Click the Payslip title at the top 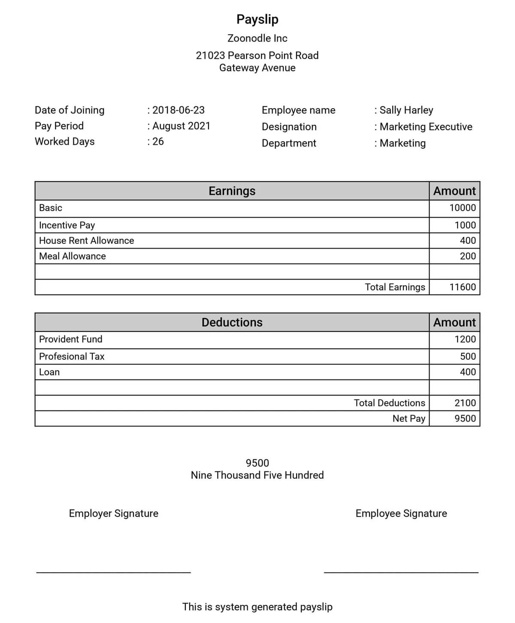click(257, 19)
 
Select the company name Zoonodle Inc click(257, 38)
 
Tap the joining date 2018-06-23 click(178, 110)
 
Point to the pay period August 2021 click(181, 126)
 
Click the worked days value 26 click(158, 141)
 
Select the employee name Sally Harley click(406, 110)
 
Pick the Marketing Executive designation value click(426, 127)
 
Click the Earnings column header click(232, 191)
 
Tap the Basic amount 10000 click(462, 208)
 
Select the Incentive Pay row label click(67, 225)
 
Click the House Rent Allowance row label click(86, 240)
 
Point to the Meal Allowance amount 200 click(467, 256)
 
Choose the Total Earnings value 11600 click(462, 287)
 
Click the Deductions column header click(232, 322)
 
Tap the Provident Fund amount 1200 click(465, 339)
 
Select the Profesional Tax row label click(72, 356)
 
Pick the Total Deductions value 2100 click(465, 403)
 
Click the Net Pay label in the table click(409, 418)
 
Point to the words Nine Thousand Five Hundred click(257, 475)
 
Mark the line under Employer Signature click(114, 572)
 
